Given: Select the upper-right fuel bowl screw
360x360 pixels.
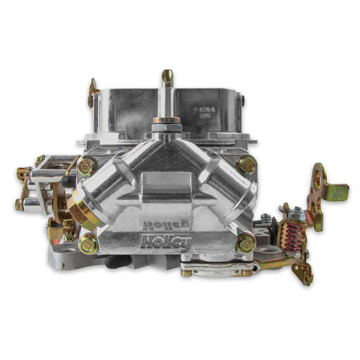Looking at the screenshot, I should [246, 165].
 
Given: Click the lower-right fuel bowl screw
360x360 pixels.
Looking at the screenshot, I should [245, 241].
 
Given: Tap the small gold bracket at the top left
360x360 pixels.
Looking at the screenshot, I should [93, 94].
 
